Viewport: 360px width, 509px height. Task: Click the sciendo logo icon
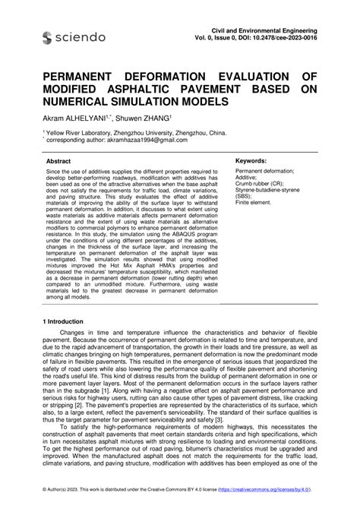click(48, 38)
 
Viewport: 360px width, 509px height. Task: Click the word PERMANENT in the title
click(74, 77)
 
